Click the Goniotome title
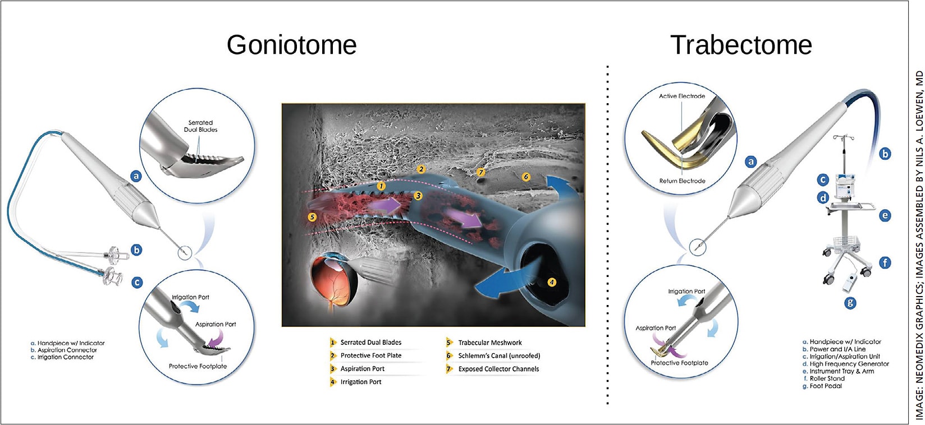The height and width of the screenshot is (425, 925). (291, 45)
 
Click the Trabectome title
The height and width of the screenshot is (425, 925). (741, 45)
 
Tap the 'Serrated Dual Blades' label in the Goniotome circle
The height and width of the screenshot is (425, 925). (200, 126)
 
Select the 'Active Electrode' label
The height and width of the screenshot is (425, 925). (681, 96)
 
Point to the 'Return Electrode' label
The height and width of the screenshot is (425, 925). (682, 181)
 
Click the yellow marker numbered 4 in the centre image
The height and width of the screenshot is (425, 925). (552, 282)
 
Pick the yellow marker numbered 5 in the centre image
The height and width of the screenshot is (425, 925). (312, 217)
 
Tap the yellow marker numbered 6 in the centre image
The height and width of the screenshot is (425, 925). (526, 177)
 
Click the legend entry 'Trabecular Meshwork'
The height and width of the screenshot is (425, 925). (489, 343)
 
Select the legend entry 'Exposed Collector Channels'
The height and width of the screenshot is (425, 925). (498, 369)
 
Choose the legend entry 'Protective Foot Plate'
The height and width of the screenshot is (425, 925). (370, 355)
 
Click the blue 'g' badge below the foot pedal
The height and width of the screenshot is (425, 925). (851, 303)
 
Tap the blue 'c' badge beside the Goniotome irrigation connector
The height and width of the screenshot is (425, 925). (137, 283)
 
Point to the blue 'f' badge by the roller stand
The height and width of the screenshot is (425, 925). (885, 262)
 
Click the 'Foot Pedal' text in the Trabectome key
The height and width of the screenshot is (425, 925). (826, 386)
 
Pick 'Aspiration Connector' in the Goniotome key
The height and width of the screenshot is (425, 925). (67, 350)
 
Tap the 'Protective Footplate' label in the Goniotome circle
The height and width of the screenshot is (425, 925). (198, 366)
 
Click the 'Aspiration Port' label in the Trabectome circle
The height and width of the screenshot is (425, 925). (656, 328)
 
